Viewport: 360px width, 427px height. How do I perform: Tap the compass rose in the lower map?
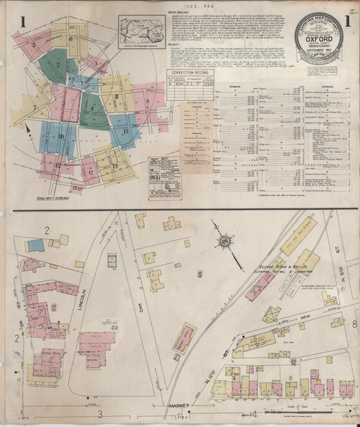225,240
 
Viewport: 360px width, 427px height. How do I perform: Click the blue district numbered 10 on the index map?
61,138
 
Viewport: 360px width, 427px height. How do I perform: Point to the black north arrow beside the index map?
27,128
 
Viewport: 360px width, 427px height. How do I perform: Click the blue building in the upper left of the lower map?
36,245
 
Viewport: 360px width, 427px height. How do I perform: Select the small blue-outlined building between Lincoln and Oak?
112,261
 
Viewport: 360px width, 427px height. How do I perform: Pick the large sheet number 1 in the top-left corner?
22,23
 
